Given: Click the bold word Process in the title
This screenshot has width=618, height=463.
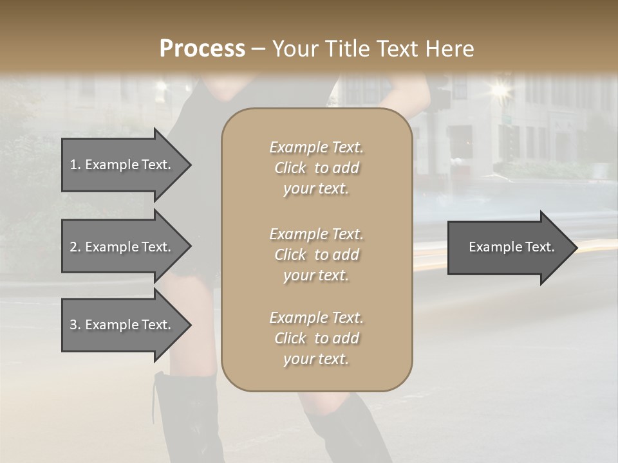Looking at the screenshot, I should tap(202, 49).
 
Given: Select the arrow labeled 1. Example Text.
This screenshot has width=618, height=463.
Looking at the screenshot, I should tap(122, 165).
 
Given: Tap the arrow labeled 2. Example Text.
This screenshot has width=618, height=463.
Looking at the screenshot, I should tap(122, 247).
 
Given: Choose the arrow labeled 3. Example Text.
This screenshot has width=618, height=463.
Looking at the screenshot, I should tap(122, 325).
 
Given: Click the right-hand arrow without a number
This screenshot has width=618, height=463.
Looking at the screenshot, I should tap(509, 247).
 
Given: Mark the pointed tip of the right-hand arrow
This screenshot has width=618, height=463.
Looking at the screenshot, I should tap(576, 247).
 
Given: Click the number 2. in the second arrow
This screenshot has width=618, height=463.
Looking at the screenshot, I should tap(75, 247).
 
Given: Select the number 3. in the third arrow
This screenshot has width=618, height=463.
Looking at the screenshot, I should tap(75, 325).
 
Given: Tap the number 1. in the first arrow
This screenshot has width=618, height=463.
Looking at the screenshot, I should tap(75, 165).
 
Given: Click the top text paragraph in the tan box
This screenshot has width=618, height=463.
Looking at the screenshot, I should tap(316, 168).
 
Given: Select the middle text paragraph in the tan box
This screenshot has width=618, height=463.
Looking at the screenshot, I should tap(316, 255).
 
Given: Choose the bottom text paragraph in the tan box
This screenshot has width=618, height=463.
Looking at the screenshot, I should tap(316, 338).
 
